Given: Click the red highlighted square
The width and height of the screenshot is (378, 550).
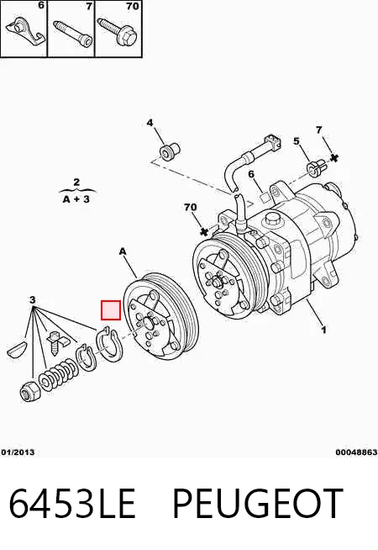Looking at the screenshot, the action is tap(111, 310).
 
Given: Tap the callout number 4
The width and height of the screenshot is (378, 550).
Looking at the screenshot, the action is tap(150, 123).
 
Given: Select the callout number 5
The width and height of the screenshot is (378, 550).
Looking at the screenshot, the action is tap(297, 141).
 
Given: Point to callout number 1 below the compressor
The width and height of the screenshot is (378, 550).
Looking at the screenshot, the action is tap(323, 330).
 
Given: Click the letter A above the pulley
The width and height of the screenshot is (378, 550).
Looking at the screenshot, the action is tap(123, 251).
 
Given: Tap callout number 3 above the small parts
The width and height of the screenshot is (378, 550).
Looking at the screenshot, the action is tap(32, 300).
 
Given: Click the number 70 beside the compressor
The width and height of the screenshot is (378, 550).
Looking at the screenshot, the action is tap(190, 208).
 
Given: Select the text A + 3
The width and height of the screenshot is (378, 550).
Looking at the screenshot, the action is tap(76, 199).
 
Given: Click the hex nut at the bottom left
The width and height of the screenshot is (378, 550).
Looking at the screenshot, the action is tap(29, 391).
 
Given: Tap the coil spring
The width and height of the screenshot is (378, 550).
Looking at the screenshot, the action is tap(59, 374).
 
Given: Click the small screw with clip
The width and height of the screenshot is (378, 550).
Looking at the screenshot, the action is tap(56, 342).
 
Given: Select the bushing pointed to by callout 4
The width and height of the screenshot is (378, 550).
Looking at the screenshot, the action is tap(170, 151).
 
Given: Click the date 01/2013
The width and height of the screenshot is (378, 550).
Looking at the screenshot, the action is tap(18, 452).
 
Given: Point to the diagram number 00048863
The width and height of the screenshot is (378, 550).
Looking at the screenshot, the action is tap(356, 452).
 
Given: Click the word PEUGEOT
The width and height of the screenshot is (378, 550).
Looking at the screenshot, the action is tap(258, 503).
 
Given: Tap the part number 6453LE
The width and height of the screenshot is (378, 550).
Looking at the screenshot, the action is tap(72, 503).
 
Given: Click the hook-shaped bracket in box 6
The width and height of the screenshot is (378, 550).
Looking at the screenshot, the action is tap(26, 31).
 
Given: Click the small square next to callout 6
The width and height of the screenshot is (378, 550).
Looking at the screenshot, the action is tap(264, 197).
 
